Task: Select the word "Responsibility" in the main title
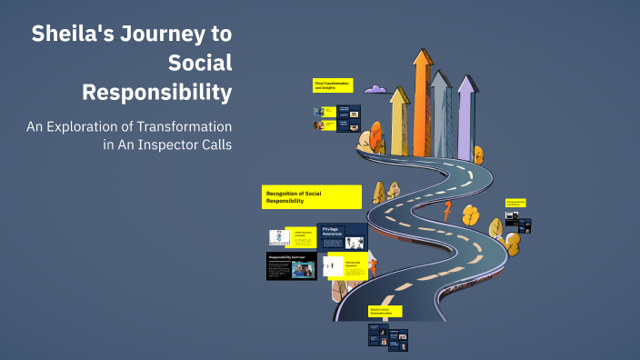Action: click(x=156, y=93)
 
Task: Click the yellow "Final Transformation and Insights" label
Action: click(x=333, y=85)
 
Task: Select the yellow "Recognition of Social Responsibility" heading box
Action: click(x=312, y=196)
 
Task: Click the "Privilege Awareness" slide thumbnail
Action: click(x=343, y=236)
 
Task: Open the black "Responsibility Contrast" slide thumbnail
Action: click(x=292, y=265)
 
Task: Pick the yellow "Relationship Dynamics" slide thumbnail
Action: click(x=343, y=265)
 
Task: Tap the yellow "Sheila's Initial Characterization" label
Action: click(x=385, y=311)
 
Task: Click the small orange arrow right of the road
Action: click(x=446, y=212)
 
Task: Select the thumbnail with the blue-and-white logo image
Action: click(x=279, y=237)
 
